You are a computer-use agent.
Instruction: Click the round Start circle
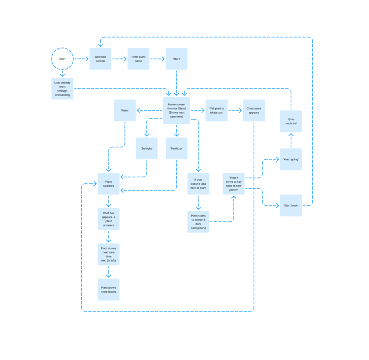62,59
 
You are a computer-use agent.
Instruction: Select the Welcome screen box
100,59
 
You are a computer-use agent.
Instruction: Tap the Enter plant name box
138,59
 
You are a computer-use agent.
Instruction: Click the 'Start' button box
176,59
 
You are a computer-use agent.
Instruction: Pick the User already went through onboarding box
62,88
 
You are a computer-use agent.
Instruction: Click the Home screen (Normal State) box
176,110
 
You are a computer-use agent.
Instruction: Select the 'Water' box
125,110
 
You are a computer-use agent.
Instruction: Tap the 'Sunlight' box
147,148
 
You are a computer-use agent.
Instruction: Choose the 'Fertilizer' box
176,148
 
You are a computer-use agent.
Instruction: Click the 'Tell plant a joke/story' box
216,110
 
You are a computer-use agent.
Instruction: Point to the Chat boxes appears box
254,110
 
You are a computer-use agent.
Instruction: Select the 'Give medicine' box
291,121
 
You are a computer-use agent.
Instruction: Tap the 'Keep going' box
291,159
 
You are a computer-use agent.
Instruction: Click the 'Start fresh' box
291,205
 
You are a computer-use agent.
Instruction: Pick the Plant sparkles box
109,183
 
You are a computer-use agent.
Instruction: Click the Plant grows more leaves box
109,289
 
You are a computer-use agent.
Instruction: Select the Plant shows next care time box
109,255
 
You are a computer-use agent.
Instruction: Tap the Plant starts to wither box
198,221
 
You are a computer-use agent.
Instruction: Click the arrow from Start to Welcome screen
81,59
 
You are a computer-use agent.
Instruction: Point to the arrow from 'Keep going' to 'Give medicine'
291,141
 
